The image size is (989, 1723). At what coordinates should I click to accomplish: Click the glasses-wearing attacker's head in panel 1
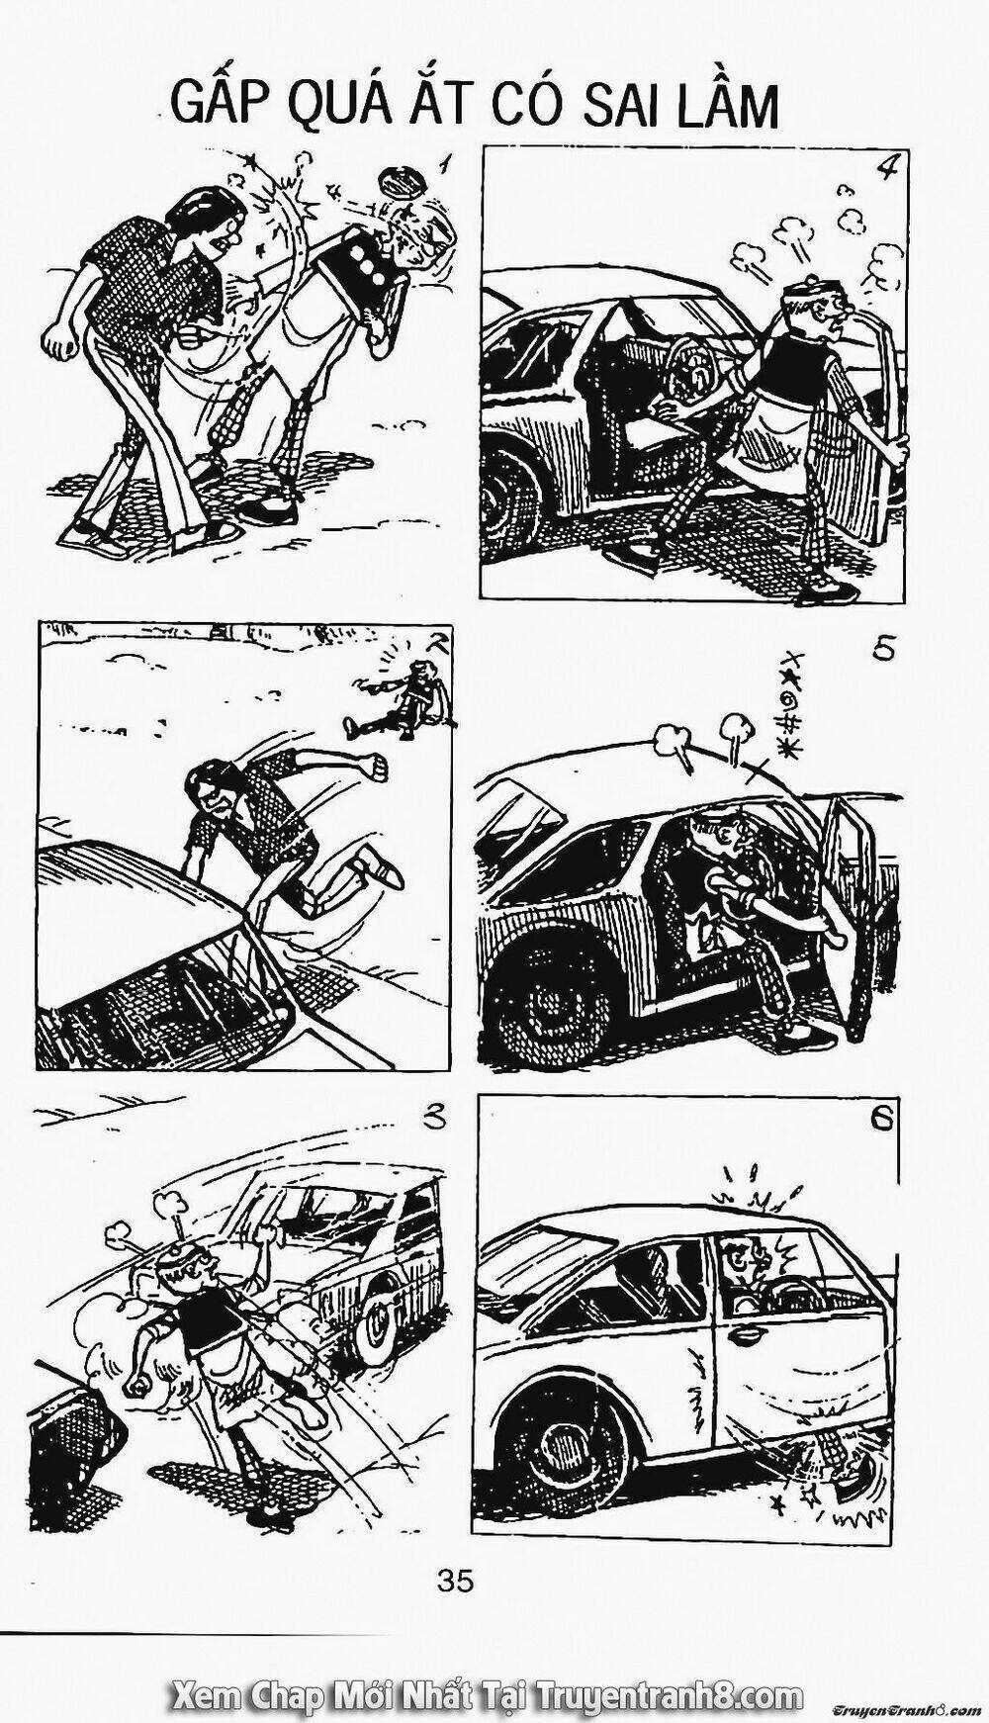pos(208,223)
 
